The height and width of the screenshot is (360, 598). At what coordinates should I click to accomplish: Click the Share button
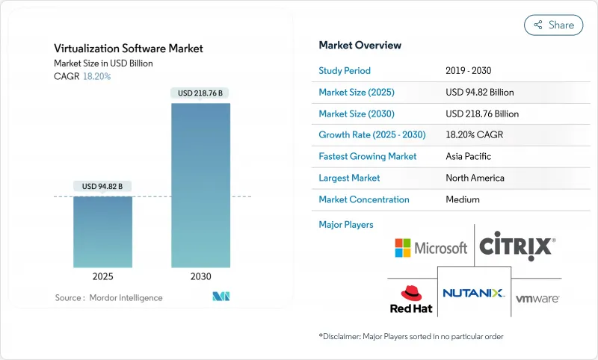[554, 25]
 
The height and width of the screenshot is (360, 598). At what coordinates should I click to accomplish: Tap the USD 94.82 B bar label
[103, 186]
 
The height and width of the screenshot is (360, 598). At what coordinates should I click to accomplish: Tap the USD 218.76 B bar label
[201, 93]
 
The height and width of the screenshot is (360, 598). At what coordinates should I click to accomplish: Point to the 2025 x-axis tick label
[103, 276]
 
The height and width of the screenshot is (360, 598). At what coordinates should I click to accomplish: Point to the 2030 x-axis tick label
[201, 276]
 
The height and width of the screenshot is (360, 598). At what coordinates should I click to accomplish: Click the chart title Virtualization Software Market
[128, 49]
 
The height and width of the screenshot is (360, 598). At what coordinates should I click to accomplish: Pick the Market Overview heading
[360, 45]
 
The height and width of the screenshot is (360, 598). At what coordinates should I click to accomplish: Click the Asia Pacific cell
[469, 156]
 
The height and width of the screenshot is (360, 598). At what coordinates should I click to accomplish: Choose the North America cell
[474, 178]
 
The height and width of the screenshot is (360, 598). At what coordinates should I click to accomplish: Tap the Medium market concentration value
[462, 199]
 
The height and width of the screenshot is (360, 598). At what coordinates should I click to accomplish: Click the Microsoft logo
[431, 247]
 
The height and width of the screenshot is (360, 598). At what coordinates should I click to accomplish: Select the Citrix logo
[516, 246]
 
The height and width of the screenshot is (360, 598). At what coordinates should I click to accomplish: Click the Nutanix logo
[474, 293]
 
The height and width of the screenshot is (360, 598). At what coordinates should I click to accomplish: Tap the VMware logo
[537, 298]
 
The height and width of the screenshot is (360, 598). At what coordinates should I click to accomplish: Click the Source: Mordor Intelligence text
[108, 297]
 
